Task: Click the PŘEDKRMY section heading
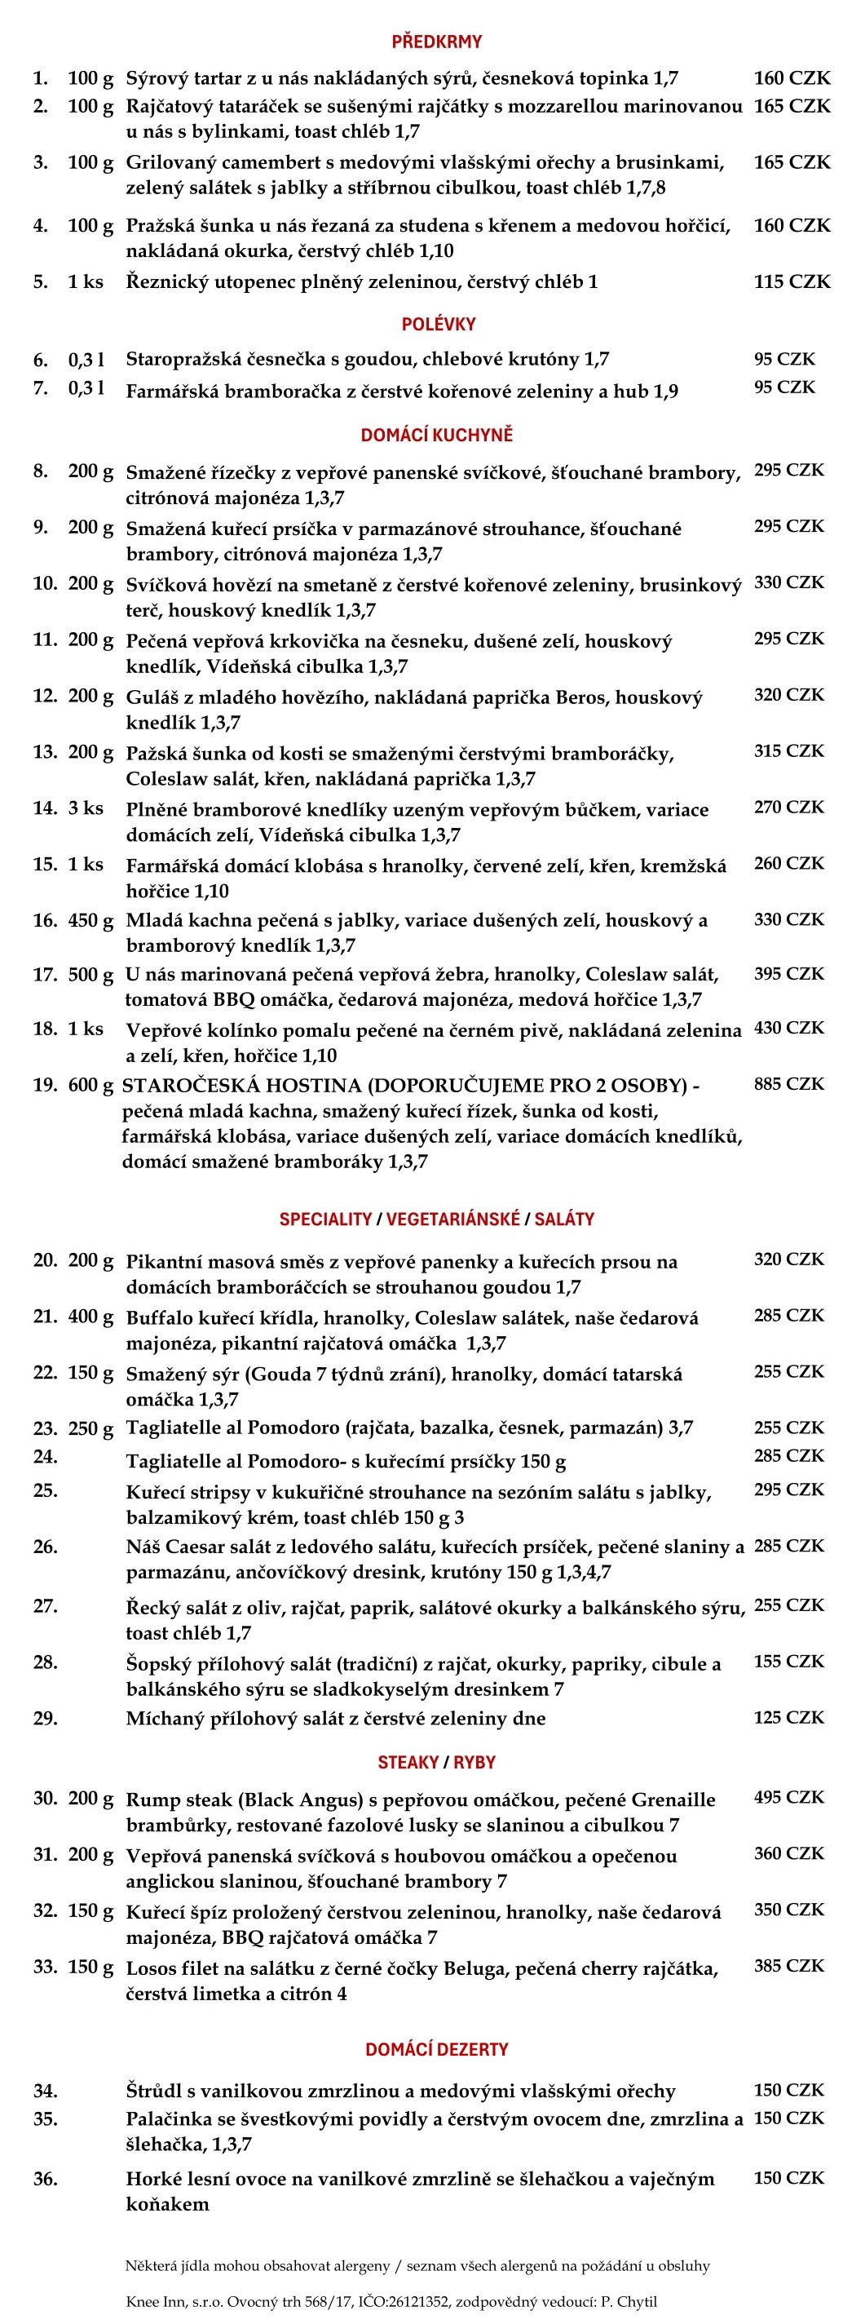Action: click(436, 42)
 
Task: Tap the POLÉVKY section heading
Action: click(439, 324)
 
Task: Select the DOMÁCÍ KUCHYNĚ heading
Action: click(436, 435)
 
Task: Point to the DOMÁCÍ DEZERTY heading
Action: click(436, 2049)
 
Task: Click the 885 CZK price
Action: click(789, 1083)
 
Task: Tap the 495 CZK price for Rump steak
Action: click(789, 1797)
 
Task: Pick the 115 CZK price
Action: click(792, 281)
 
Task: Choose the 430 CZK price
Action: click(789, 1028)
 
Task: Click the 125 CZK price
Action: click(789, 1717)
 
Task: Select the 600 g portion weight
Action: click(90, 1084)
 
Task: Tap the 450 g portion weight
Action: click(90, 920)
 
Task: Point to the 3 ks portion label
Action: click(86, 808)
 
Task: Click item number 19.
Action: click(45, 1084)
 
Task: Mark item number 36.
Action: click(45, 2179)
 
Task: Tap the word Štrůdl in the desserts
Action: click(152, 2091)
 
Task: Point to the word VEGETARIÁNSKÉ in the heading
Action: click(452, 1219)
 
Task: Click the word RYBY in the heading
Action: click(474, 1762)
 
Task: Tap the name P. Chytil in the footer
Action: click(629, 2301)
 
